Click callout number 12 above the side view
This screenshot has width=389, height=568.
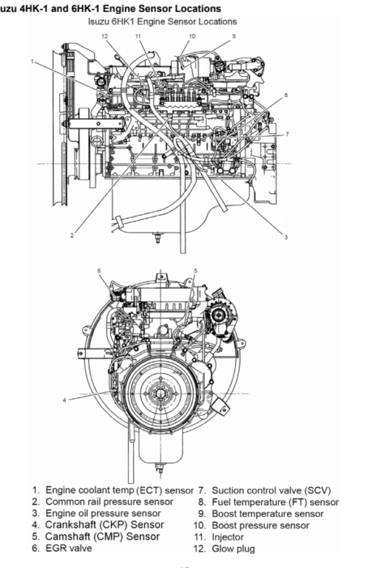coord(105,36)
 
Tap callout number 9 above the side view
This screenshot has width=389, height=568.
coord(234,36)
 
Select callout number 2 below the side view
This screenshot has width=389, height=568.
coord(72,235)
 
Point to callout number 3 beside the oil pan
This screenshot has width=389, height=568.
coord(286,237)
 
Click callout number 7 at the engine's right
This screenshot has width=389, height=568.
coord(287,134)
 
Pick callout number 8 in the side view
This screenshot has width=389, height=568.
coord(286,95)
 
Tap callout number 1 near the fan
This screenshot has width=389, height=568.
coord(32,61)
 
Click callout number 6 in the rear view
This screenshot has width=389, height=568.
coord(99,270)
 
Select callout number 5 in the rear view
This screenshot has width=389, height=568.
coord(195,270)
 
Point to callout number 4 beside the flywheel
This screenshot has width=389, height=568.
coord(65,401)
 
